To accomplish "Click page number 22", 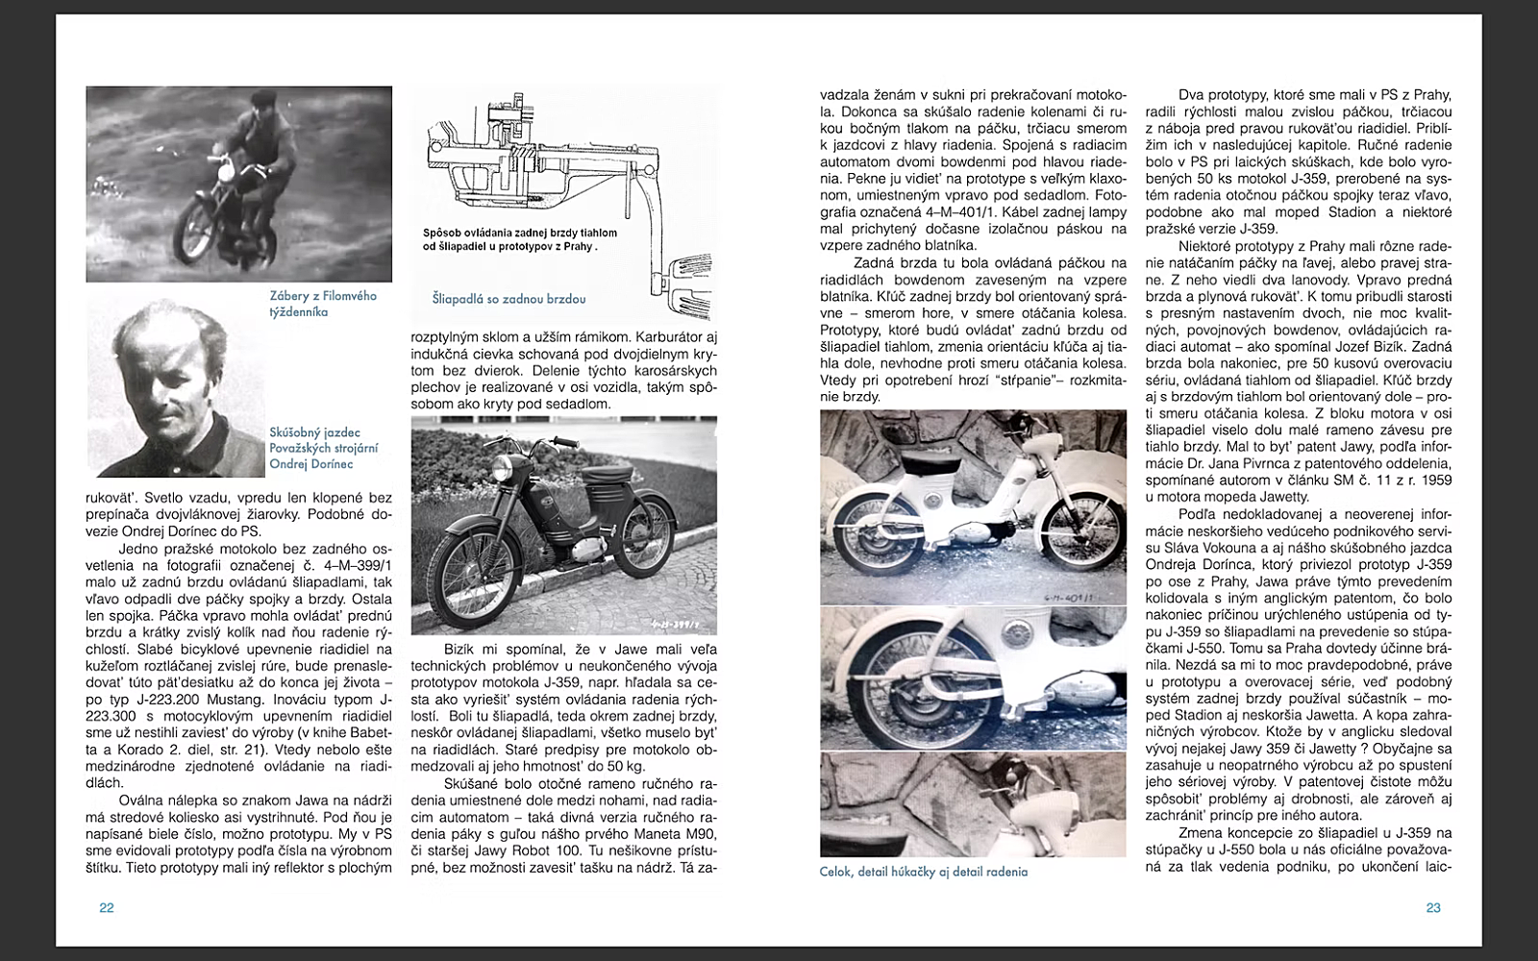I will [x=107, y=907].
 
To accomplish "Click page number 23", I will [x=1432, y=907].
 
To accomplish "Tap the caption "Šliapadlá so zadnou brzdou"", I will [x=509, y=299].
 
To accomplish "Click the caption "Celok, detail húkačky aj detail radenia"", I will [x=923, y=872].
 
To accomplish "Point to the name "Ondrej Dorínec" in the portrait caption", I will [x=311, y=464].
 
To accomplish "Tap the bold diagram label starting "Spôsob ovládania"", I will [x=519, y=239].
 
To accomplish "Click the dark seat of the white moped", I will [x=905, y=473].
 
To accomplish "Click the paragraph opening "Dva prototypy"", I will [x=1299, y=161].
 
